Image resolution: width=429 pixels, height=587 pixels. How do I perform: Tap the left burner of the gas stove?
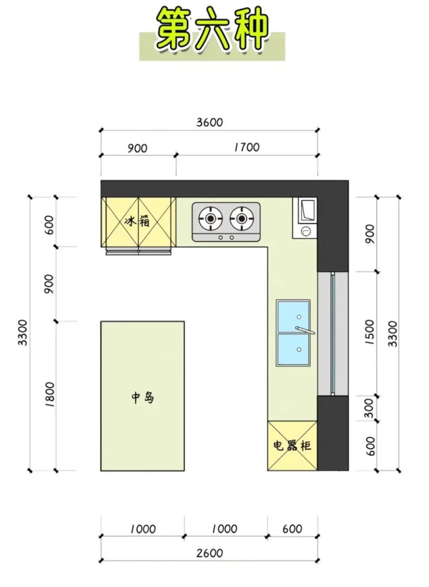[211, 218]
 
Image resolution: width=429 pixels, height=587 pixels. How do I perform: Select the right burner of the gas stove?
[242, 218]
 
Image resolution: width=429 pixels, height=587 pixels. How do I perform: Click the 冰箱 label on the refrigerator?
[137, 222]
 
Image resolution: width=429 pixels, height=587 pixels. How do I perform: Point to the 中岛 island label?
[143, 398]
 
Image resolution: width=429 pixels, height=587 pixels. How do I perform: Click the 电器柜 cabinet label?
[292, 445]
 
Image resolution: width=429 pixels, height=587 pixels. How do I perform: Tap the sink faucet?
[305, 331]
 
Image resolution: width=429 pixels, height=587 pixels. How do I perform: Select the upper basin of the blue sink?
[293, 317]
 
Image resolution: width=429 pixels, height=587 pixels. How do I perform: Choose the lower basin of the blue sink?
[293, 349]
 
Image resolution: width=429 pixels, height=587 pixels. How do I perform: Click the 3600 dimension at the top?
[210, 123]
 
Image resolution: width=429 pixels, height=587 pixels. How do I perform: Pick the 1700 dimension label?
[247, 147]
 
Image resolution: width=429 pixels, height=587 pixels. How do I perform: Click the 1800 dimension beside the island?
[50, 394]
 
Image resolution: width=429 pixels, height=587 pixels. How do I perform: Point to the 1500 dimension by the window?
[370, 332]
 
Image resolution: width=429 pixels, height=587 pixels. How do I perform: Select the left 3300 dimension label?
[23, 333]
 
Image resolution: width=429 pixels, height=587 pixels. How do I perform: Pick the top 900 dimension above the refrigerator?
[138, 149]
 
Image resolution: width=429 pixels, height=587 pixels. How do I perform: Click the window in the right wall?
[333, 334]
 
